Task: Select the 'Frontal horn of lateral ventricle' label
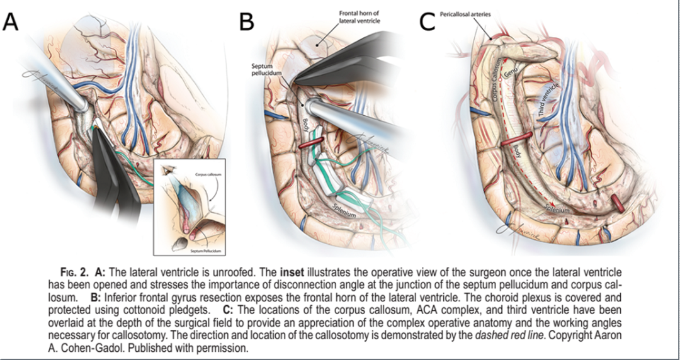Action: coord(360,16)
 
